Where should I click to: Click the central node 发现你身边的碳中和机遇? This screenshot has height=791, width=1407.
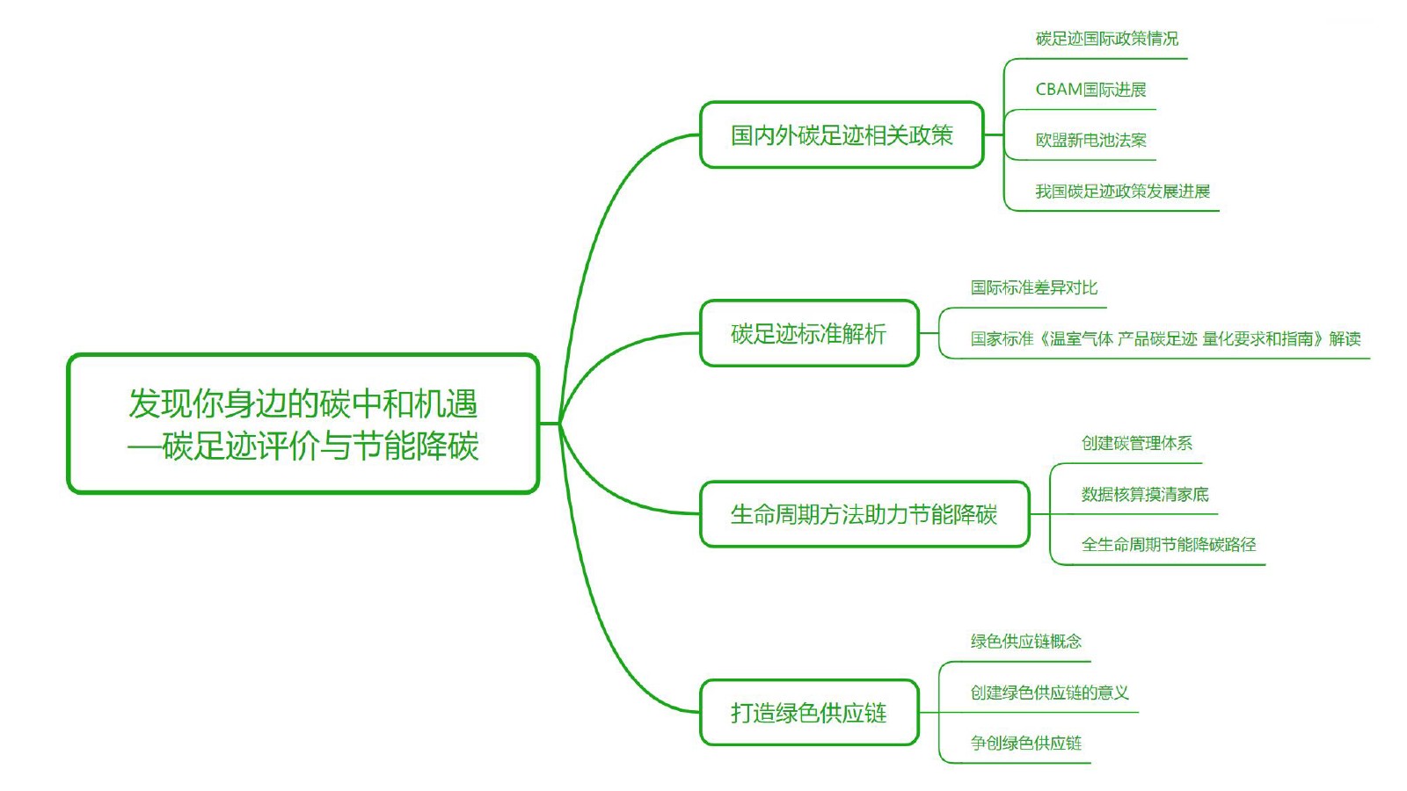[x=303, y=424]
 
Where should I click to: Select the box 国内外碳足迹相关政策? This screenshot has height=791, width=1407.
[x=842, y=135]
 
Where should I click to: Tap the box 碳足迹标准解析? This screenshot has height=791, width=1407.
[x=809, y=333]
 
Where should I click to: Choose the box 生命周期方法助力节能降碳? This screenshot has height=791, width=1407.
[x=864, y=514]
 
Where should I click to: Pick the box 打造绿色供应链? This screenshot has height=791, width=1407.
[x=809, y=713]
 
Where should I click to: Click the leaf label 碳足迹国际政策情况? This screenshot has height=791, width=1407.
[x=1107, y=39]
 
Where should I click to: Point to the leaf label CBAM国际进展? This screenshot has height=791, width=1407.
[x=1090, y=90]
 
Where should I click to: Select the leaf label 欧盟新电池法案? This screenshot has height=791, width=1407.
[x=1090, y=140]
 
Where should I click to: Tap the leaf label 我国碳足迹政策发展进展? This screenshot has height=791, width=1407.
[x=1122, y=192]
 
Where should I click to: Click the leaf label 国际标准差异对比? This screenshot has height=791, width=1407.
[x=1034, y=288]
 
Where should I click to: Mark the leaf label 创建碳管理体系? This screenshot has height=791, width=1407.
[x=1137, y=444]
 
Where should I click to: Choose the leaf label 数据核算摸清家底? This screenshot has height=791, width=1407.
[x=1145, y=495]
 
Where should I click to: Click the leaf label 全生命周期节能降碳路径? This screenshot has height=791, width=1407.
[x=1169, y=545]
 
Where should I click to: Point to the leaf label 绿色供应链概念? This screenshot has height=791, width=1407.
[x=1025, y=642]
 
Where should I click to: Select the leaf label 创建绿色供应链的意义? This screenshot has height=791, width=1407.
[x=1050, y=693]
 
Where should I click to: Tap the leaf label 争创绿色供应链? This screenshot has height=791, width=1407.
[x=1025, y=744]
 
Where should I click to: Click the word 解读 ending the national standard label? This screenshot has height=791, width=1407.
[x=1345, y=339]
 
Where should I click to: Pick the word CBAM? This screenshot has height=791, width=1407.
[x=1059, y=90]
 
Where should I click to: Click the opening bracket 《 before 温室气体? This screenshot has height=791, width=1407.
[x=1042, y=339]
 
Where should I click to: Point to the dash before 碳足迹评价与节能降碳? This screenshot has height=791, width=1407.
[x=144, y=447]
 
